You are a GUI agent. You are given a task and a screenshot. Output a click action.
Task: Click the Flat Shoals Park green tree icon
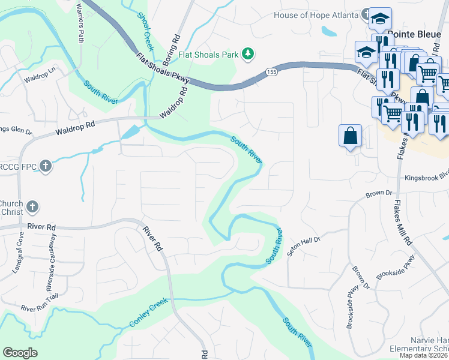click(x=247, y=55)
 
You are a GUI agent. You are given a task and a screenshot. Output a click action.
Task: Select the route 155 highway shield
click(x=268, y=72)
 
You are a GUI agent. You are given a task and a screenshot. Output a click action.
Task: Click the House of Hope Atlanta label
click(x=316, y=15)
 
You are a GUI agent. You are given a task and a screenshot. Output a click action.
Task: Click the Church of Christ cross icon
click(x=32, y=207)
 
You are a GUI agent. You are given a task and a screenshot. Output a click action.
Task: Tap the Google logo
click(x=20, y=353)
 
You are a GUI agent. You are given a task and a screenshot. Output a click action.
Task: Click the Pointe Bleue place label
click(x=411, y=35)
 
